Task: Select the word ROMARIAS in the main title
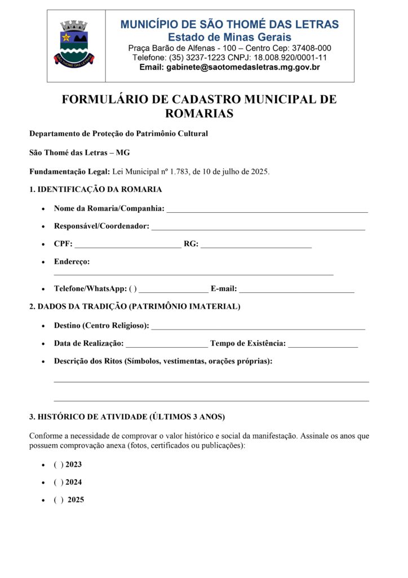199,113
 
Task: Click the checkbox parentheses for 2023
59,465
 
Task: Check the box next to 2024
59,482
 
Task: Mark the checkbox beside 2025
59,500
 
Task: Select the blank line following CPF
128,245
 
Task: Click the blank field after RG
256,245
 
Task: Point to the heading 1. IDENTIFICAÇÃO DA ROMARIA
96,190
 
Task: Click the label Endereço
72,261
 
